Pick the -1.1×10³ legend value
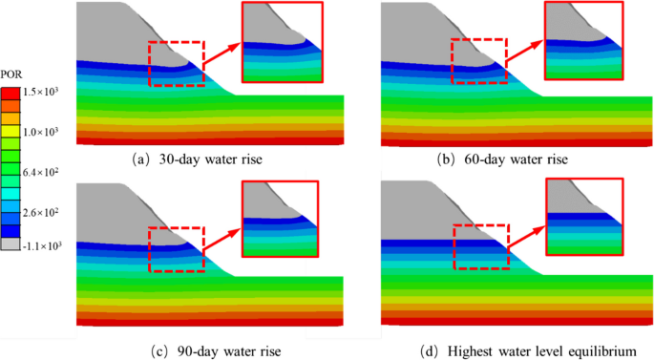coord(42,245)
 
